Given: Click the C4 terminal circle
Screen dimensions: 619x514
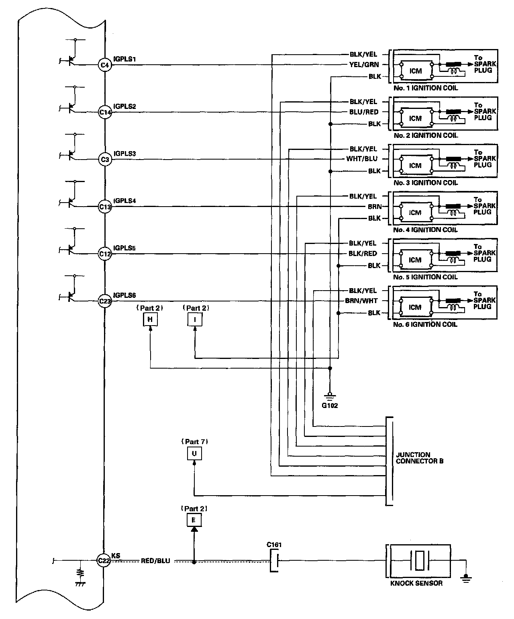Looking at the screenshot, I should tap(105, 65).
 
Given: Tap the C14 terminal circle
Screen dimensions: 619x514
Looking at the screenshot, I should tap(105, 112).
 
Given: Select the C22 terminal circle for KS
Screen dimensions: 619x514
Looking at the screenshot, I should tap(104, 561).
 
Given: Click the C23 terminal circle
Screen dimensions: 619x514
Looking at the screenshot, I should tap(105, 301).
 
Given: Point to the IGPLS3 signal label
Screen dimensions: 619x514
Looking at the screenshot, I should tap(125, 154).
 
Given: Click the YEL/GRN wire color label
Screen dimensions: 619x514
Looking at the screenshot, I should tap(364, 64).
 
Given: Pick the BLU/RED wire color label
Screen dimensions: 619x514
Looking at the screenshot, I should tap(364, 112).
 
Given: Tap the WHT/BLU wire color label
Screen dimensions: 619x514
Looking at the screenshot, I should tap(362, 159).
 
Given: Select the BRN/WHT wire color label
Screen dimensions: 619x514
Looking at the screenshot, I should tap(361, 301).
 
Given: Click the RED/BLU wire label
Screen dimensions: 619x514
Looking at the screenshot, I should tap(155, 561).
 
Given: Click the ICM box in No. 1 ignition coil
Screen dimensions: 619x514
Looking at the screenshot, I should tap(416, 71).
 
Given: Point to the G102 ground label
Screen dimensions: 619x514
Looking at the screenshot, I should tap(330, 406).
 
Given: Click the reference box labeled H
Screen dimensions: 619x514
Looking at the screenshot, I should tap(150, 320).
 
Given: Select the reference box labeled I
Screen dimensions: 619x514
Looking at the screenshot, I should tap(195, 320).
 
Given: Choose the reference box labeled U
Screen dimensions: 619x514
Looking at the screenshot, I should tap(194, 453).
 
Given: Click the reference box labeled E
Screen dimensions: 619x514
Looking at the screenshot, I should tap(194, 520).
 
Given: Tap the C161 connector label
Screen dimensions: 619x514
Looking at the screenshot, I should tap(274, 545).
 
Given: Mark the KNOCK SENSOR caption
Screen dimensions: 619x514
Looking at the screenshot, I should tap(416, 583).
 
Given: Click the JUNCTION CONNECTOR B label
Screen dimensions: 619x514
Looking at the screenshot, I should tap(419, 458).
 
